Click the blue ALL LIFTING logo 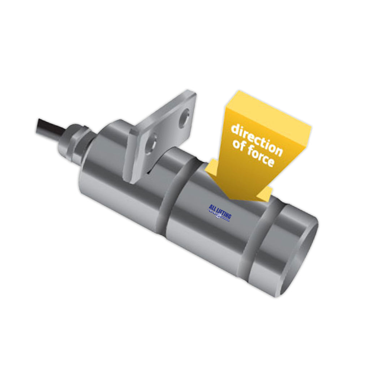click(220, 212)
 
